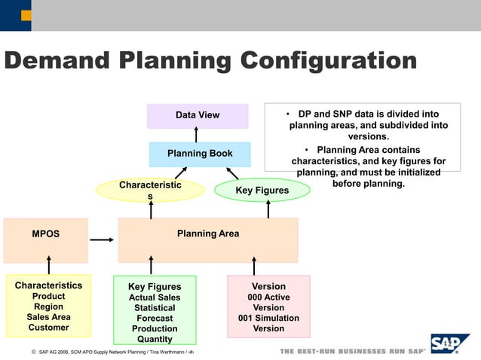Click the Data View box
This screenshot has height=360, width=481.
click(x=197, y=115)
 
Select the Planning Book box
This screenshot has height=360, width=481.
click(x=200, y=154)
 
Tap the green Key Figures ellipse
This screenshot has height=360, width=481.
click(x=262, y=191)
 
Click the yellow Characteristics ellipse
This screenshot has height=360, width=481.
click(x=150, y=190)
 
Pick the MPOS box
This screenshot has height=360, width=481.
click(x=45, y=234)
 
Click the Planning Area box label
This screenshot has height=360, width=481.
click(x=208, y=233)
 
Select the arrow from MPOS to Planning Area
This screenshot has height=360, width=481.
click(x=102, y=240)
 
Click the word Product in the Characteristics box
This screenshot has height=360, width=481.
click(x=48, y=297)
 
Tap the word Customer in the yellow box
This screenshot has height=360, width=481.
click(x=48, y=328)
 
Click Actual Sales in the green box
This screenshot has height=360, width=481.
click(x=155, y=297)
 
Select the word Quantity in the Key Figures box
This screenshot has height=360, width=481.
click(x=155, y=339)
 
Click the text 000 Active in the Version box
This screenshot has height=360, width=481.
click(x=268, y=297)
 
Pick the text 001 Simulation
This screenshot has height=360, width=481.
click(x=268, y=318)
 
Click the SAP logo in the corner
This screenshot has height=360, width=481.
click(x=449, y=344)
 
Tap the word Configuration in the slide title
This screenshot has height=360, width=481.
click(x=311, y=60)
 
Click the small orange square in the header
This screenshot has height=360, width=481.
click(x=26, y=15)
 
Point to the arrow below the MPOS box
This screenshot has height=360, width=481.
click(x=49, y=265)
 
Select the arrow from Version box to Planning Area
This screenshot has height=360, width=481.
click(x=254, y=265)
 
